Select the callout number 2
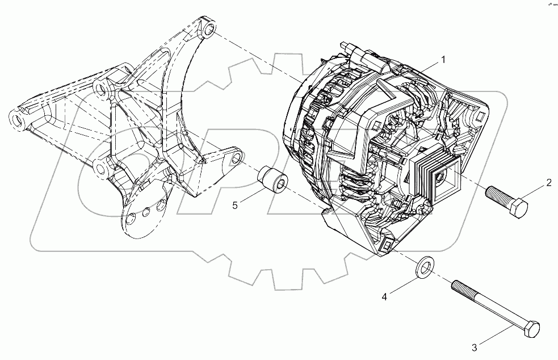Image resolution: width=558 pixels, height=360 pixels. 548,182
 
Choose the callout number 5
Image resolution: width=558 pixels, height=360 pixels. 234,206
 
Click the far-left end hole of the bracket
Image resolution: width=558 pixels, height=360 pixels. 18,120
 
